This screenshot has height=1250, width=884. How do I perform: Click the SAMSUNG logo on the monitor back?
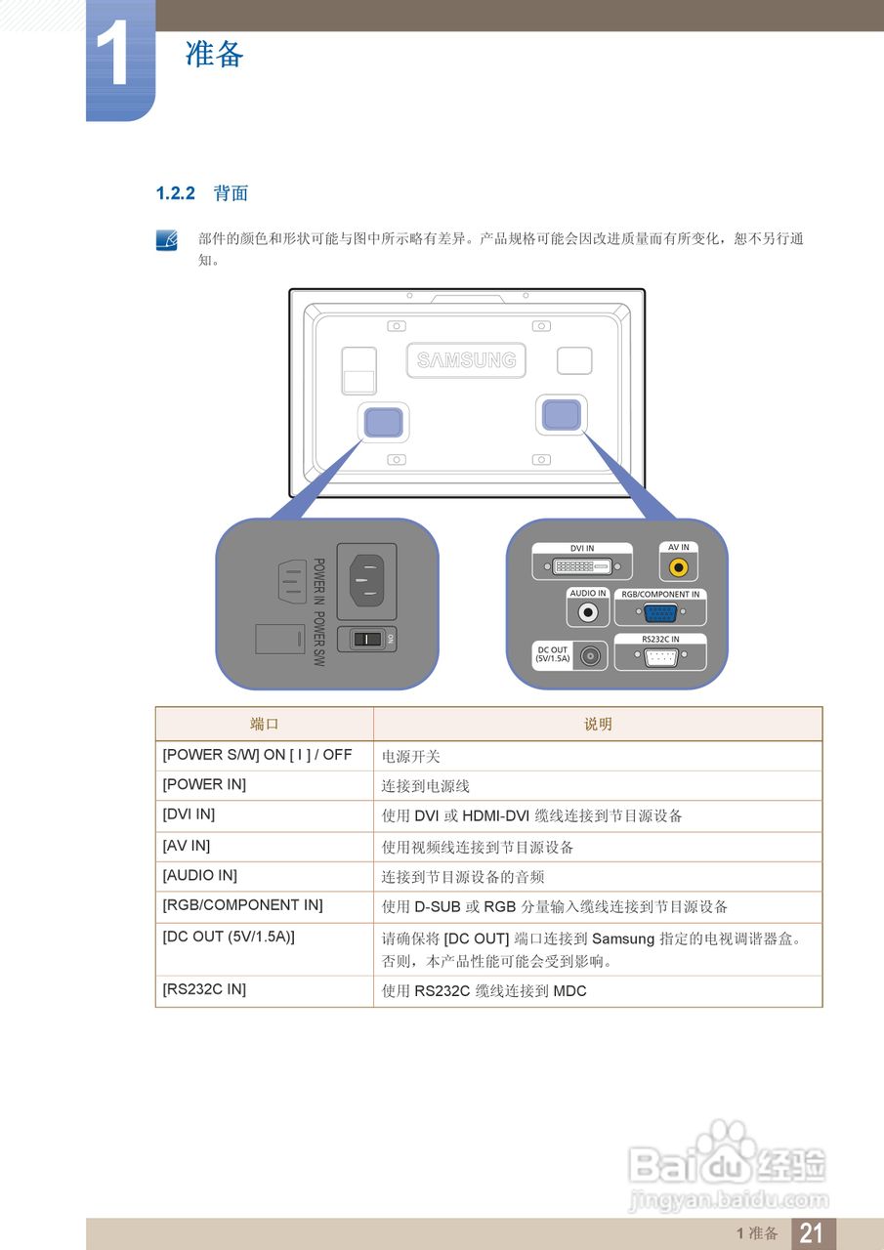(x=466, y=360)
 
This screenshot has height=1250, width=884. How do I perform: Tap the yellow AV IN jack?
(x=678, y=566)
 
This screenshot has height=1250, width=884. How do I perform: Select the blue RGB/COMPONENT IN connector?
(x=659, y=613)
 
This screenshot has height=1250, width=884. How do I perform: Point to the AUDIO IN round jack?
(x=588, y=613)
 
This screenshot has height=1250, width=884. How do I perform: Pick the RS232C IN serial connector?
(x=659, y=656)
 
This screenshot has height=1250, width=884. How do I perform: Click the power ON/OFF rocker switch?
(x=367, y=639)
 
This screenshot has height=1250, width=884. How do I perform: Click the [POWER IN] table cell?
(x=204, y=784)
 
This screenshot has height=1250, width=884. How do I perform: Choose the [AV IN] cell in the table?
(x=187, y=846)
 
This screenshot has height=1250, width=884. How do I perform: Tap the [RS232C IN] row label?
(x=204, y=989)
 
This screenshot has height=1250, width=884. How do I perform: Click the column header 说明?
(x=598, y=724)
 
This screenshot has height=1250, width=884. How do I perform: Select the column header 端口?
(x=264, y=724)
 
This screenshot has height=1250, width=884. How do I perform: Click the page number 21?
(x=812, y=1233)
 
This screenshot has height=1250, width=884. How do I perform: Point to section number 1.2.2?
(x=176, y=193)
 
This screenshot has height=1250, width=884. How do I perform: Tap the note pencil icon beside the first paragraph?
(x=167, y=239)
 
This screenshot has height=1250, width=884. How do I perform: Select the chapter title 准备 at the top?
(x=214, y=55)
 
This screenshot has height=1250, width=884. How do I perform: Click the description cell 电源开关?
(x=411, y=756)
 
